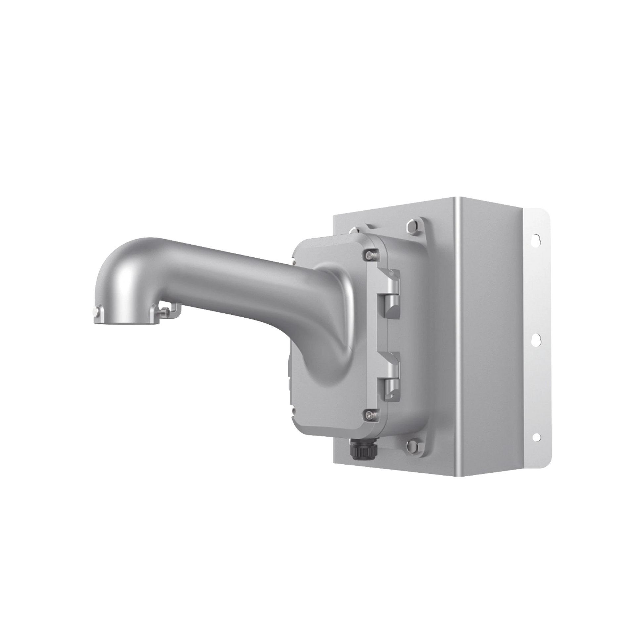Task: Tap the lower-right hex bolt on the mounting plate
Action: point(413,443)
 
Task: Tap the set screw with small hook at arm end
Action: point(165,310)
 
